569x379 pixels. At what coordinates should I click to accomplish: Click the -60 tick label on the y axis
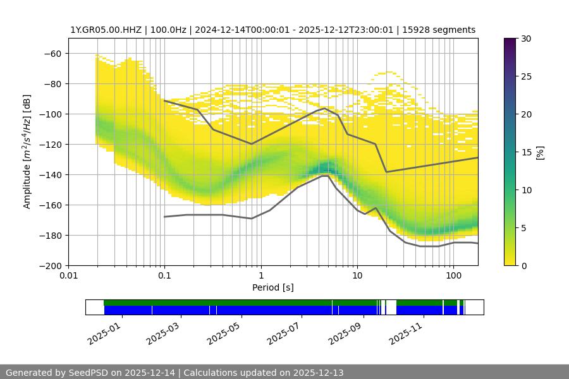[53, 54]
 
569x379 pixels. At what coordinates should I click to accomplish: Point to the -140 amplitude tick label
[51, 175]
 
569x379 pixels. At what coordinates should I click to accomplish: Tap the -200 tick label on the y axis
[51, 266]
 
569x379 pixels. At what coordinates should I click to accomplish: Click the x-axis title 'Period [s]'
[273, 288]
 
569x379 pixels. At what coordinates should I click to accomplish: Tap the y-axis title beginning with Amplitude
[27, 152]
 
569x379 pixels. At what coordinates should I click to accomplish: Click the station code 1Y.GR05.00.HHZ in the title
[106, 30]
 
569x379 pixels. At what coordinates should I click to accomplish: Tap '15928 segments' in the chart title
[443, 30]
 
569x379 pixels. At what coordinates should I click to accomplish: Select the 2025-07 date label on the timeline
[284, 332]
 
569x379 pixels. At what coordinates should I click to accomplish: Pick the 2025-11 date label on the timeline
[405, 332]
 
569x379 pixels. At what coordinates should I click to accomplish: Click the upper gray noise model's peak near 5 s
[325, 108]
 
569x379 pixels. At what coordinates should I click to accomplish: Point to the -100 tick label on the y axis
[51, 114]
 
